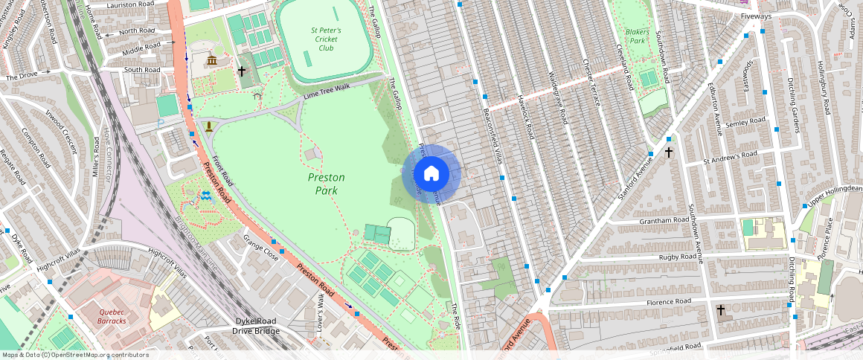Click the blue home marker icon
click(x=431, y=174)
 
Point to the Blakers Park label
click(x=637, y=36)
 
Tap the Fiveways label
click(x=756, y=16)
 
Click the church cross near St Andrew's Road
click(x=668, y=152)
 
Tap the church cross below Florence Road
click(x=720, y=309)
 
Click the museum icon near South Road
click(x=212, y=60)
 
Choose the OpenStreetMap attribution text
click(x=74, y=355)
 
